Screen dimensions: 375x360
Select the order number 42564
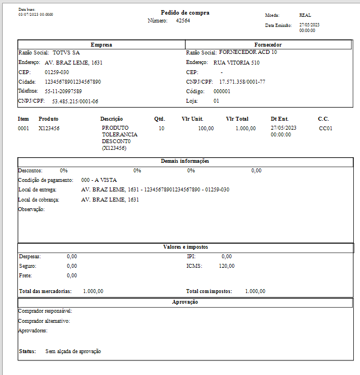(183, 20)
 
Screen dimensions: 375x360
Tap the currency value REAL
(305, 16)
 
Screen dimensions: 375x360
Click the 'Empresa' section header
(101, 44)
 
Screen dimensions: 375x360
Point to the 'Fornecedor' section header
(270, 44)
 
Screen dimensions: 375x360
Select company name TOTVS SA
(66, 52)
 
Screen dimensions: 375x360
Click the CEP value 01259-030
(57, 72)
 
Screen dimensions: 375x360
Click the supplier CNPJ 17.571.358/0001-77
(242, 82)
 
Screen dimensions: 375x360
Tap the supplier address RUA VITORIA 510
(237, 63)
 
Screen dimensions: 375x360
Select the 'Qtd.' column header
(160, 119)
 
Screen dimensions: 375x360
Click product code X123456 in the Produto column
(49, 129)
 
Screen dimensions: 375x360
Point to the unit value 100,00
(206, 129)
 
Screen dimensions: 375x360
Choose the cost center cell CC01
(325, 129)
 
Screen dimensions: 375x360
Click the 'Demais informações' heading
(186, 161)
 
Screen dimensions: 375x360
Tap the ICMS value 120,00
(227, 266)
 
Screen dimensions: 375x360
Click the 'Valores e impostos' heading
(186, 247)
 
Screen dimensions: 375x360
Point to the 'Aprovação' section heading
(185, 302)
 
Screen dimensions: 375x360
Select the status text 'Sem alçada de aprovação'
(73, 351)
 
